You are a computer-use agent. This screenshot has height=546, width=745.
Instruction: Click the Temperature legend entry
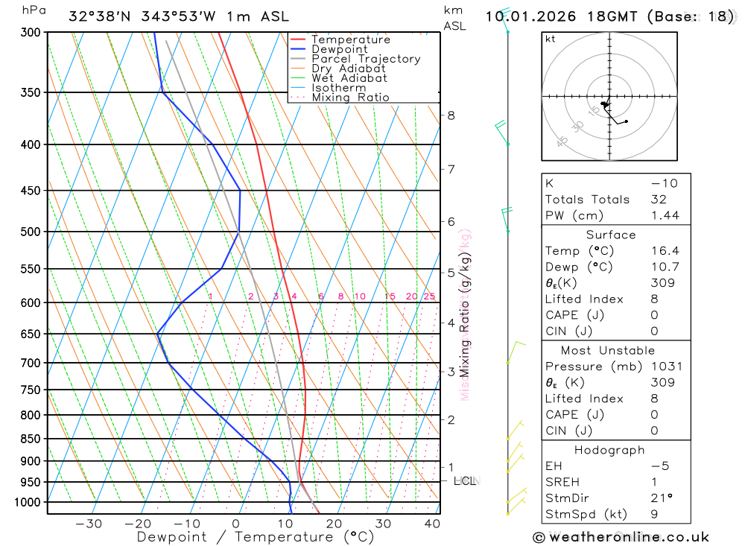(x=350, y=39)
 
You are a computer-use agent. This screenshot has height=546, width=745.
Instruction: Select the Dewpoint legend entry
(x=339, y=49)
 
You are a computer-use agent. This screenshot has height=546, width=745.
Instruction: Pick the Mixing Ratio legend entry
(x=350, y=97)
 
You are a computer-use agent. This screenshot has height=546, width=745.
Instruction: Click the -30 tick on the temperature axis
(x=89, y=524)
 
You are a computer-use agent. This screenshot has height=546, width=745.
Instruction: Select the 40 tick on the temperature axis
(x=432, y=524)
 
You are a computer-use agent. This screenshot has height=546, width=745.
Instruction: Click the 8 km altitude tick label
(x=451, y=115)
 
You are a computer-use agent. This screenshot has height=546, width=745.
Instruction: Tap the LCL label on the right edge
(x=465, y=481)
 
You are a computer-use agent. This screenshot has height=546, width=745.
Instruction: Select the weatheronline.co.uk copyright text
(x=621, y=537)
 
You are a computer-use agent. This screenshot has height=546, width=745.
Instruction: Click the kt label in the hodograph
(x=550, y=39)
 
